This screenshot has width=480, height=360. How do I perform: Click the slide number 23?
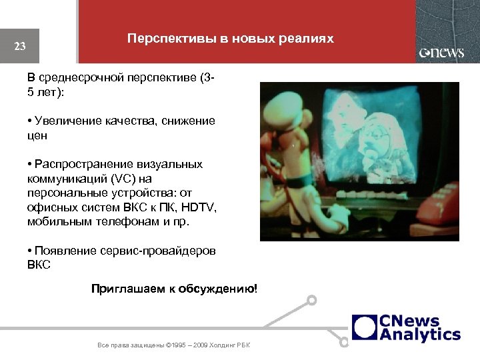pyautogui.click(x=20, y=46)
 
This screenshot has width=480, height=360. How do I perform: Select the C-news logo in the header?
pyautogui.click(x=441, y=53)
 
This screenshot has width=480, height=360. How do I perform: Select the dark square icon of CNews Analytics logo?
pyautogui.click(x=365, y=327)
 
